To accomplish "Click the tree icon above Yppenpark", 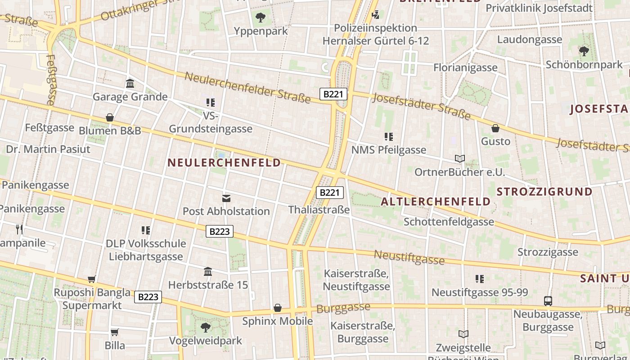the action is (x=260, y=18).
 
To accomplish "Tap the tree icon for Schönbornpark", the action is (x=584, y=51).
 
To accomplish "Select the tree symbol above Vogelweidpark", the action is (x=206, y=327).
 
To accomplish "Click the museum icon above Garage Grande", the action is (x=130, y=84).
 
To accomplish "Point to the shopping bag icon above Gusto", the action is (x=495, y=128).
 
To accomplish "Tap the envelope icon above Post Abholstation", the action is (x=226, y=198).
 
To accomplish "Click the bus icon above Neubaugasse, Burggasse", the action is (x=548, y=301).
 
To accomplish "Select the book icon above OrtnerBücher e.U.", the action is (x=459, y=159).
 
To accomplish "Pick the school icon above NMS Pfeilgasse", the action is (x=389, y=136).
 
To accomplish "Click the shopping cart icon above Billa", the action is (x=115, y=332).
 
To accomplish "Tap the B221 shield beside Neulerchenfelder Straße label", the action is (x=333, y=94).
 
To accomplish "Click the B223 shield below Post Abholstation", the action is (x=220, y=231).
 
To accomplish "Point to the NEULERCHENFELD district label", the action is (x=224, y=163).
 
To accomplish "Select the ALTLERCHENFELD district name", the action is (x=436, y=202).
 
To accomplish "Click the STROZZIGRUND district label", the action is (x=544, y=192).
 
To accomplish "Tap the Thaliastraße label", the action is (x=319, y=210).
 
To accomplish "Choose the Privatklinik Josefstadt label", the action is (x=539, y=8).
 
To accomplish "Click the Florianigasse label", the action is (x=465, y=68).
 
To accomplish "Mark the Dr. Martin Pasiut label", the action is (x=48, y=149).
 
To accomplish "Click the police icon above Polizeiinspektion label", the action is (x=376, y=15).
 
